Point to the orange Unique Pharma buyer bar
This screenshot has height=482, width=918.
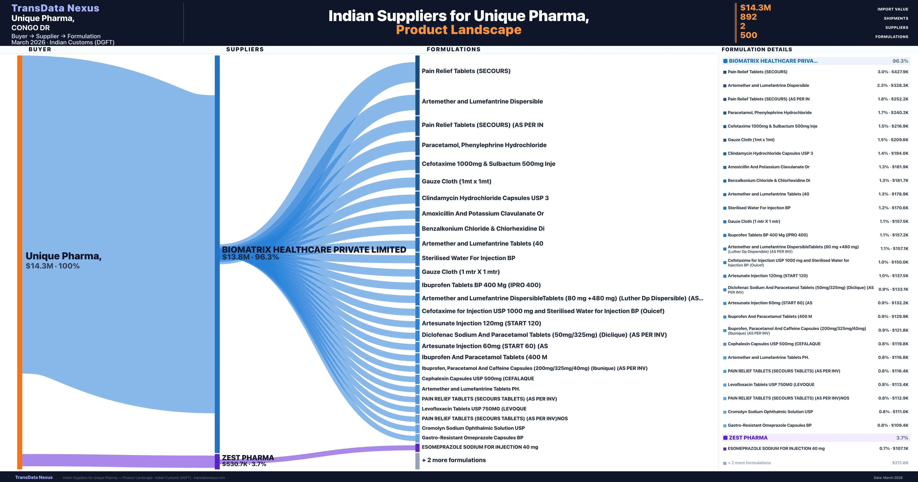[20, 262]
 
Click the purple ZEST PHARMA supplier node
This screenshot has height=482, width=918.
[217, 461]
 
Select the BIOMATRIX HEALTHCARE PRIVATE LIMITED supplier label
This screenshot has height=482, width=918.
[314, 250]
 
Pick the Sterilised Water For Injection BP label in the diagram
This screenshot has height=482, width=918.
[468, 258]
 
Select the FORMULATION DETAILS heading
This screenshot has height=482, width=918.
[757, 50]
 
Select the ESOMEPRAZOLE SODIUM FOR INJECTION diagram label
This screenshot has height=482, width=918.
[480, 447]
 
